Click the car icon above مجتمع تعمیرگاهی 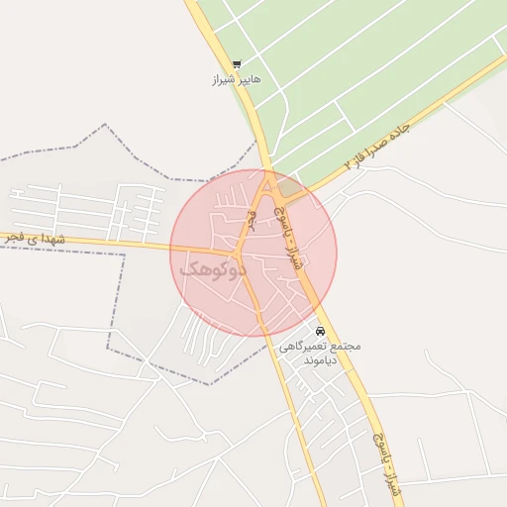[x=320, y=331]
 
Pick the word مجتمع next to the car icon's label [x=345, y=347]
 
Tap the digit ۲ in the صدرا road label [x=348, y=162]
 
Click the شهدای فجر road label [x=34, y=239]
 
